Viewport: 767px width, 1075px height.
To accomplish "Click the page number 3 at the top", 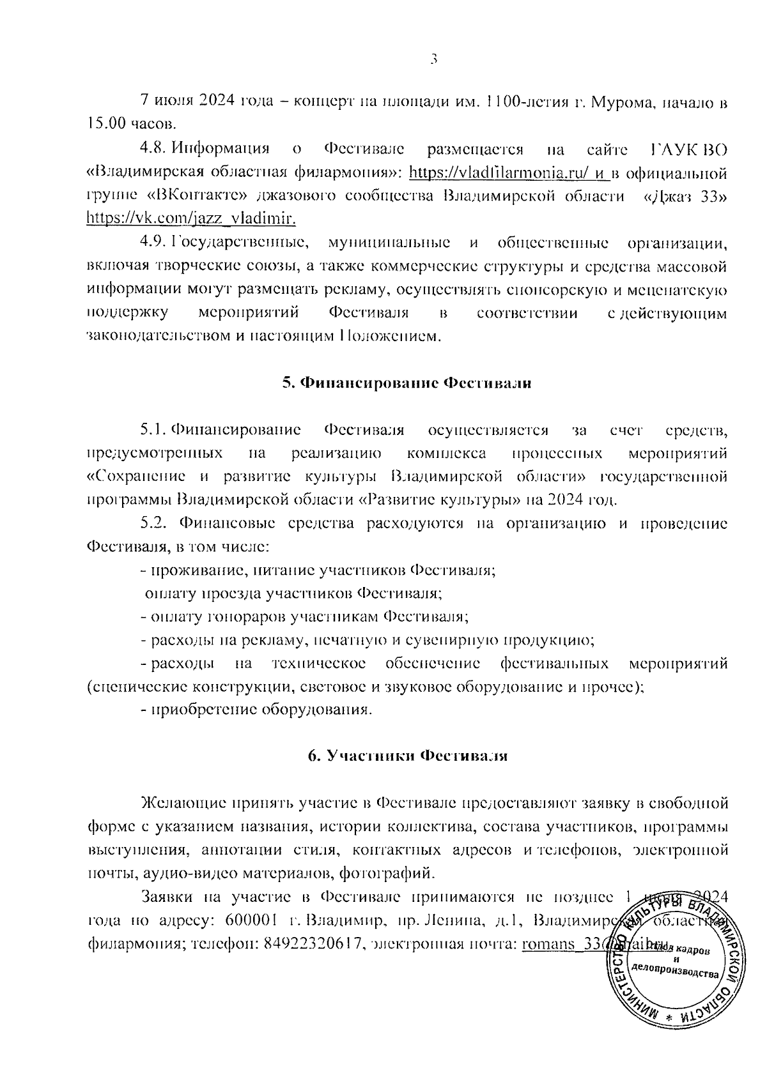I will (433, 59).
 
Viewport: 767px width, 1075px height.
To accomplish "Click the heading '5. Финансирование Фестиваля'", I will (407, 383).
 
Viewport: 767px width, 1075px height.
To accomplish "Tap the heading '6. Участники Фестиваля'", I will (407, 756).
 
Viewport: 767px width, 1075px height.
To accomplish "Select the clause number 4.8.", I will (153, 149).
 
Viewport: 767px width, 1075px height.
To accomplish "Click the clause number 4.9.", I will (153, 243).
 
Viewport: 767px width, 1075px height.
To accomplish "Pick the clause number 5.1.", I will (153, 429).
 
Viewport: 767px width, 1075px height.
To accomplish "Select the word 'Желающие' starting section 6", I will (181, 802).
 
